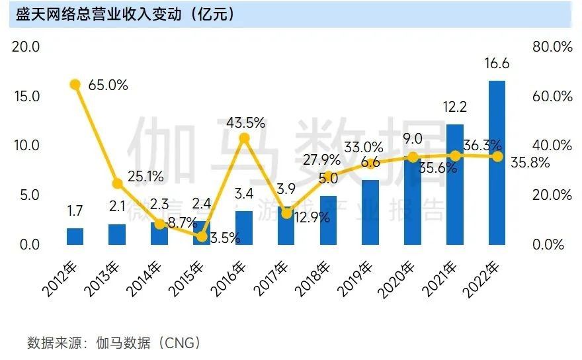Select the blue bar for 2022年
pos(497,162)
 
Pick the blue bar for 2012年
pos(75,236)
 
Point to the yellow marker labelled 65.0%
pos(75,84)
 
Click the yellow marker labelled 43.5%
pos(244,138)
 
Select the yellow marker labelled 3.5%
pos(202,236)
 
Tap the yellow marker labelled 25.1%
pos(117,183)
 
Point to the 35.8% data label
pos(530,163)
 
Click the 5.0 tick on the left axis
pos(26,195)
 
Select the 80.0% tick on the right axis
pos(552,47)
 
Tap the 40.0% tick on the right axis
pos(552,146)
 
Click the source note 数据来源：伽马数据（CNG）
pos(113,343)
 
